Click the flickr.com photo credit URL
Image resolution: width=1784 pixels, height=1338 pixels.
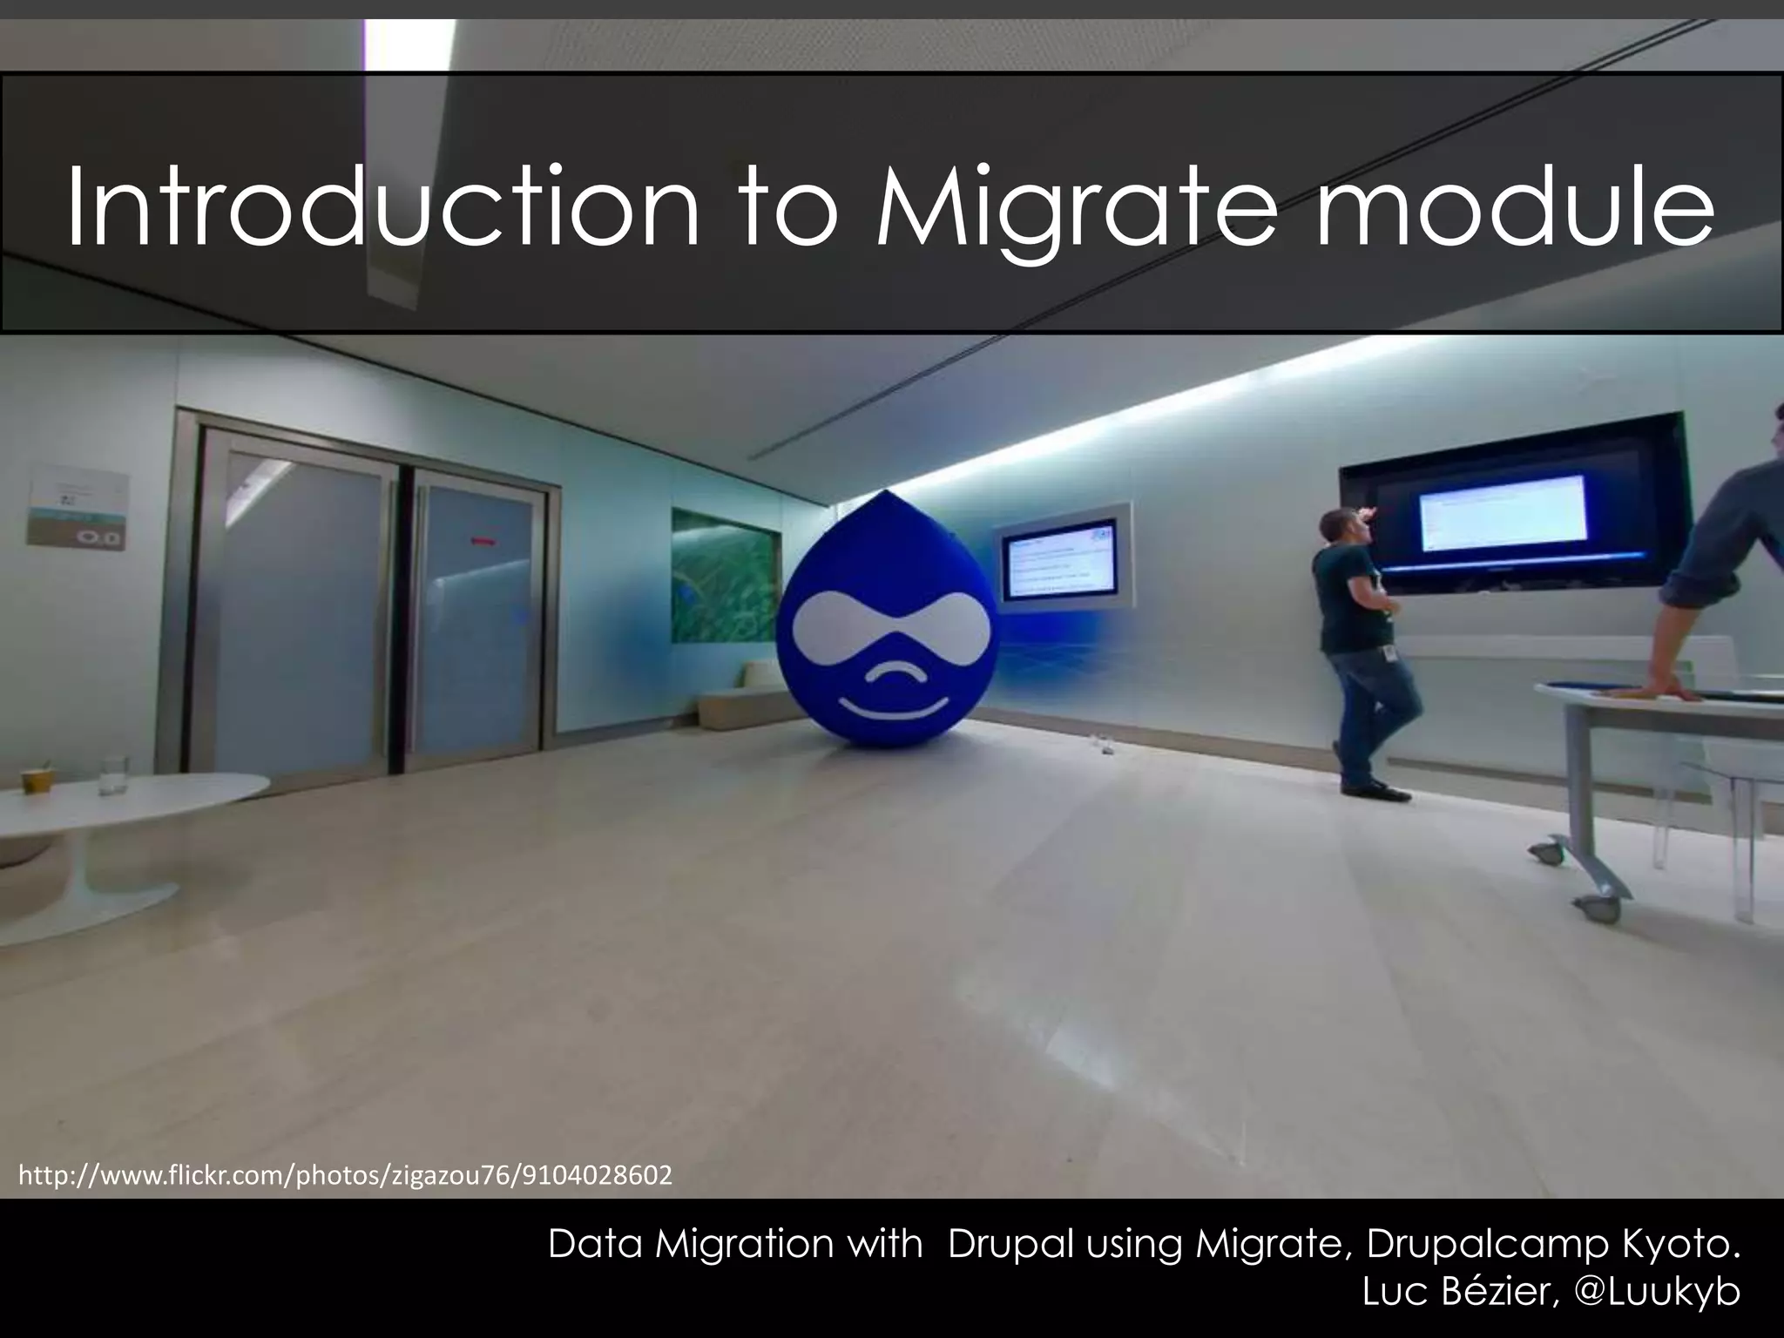pos(345,1175)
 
